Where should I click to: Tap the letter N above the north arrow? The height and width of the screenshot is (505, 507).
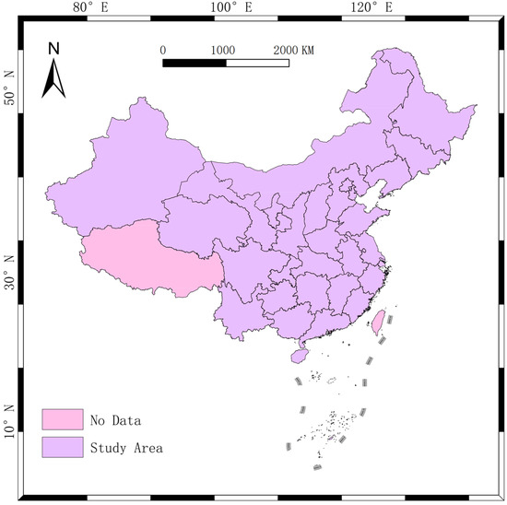point(53,47)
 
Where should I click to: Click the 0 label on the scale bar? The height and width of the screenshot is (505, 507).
point(163,50)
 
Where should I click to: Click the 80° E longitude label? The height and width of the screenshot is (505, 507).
point(87,8)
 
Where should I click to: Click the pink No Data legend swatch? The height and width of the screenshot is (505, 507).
point(62,420)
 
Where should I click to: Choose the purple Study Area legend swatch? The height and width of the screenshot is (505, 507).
point(62,448)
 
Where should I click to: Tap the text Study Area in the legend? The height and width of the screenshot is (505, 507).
point(127,449)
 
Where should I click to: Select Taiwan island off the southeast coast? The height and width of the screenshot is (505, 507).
point(377,322)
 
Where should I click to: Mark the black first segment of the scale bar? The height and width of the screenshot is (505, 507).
point(194,63)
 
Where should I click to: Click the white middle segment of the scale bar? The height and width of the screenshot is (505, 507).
point(255,63)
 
